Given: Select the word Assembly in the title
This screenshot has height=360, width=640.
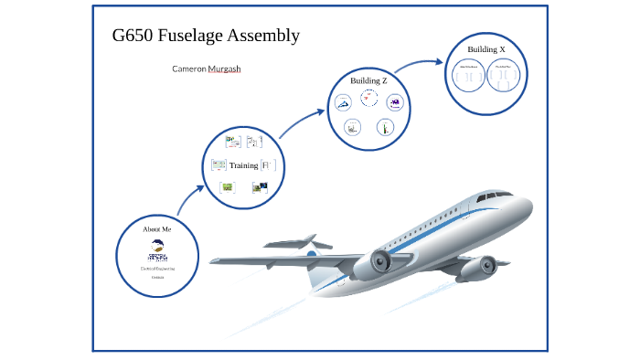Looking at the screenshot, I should pos(264,36).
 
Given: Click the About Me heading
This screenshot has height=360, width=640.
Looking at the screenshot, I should pos(157,228).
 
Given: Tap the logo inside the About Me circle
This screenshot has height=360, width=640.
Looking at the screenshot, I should pos(157,249).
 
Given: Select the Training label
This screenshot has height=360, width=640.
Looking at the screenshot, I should pos(243,165).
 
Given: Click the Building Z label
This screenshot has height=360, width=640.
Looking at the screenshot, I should pos(368,81).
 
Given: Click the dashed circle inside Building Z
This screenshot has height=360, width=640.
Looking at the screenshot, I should pos(369,100).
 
